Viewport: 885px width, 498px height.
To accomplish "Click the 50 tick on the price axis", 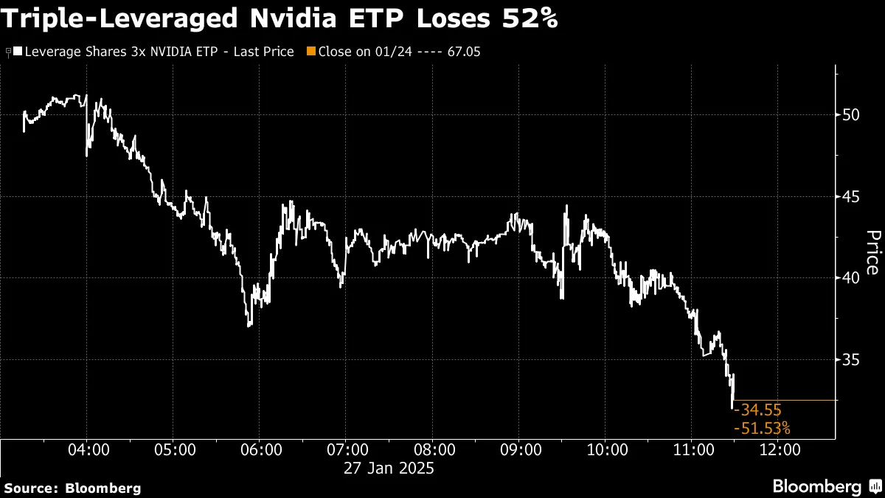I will (851, 115).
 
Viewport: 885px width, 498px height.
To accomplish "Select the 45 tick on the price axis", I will (851, 197).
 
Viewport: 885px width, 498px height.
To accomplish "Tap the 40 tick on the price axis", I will (851, 278).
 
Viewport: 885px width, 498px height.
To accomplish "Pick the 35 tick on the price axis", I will (851, 360).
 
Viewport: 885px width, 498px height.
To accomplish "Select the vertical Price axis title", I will (872, 252).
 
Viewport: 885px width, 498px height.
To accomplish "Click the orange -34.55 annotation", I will (757, 410).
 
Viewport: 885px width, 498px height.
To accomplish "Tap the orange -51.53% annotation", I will (762, 428).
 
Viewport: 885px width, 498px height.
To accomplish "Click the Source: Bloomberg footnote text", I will (72, 488).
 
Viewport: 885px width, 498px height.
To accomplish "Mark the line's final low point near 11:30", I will (732, 407).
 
